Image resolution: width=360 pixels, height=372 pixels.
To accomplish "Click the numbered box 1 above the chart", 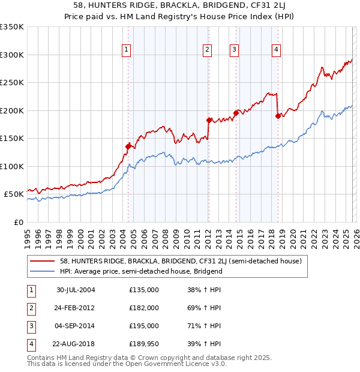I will [127, 50].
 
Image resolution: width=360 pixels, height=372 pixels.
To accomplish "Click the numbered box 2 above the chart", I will [207, 50].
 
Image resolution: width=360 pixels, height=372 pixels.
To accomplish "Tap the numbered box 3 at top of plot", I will [234, 50].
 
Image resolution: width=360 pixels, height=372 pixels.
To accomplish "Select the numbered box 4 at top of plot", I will [276, 50].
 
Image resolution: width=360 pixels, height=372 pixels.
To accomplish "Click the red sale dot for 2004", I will [128, 146].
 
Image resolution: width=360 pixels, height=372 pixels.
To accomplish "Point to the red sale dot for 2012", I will [208, 120].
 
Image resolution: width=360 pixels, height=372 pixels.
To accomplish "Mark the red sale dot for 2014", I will [236, 113].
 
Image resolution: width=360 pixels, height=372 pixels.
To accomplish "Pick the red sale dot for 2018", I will [278, 116].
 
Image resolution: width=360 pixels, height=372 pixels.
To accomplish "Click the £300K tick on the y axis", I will [12, 55].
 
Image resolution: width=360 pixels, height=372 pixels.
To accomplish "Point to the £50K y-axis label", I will [14, 194].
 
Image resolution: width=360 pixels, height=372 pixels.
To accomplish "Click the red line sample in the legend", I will [43, 261].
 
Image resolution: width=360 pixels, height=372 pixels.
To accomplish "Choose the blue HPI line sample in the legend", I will [43, 271].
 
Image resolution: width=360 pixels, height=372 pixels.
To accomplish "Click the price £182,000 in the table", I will [144, 307].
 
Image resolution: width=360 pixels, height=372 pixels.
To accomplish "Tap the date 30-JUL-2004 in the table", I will [76, 289].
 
